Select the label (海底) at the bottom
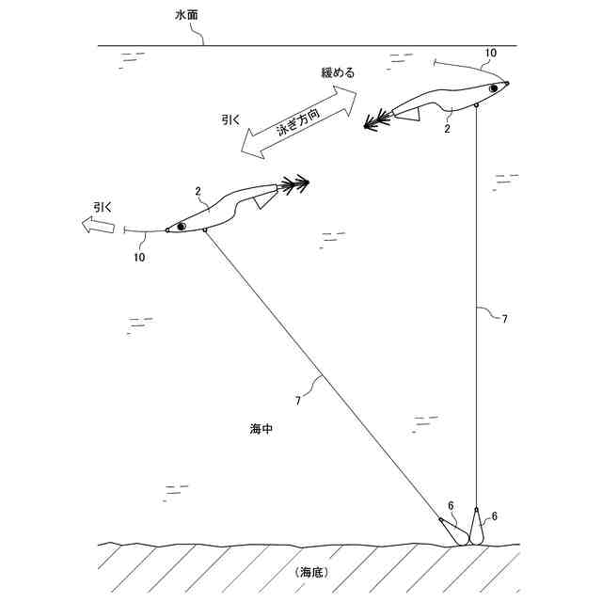tap(309, 572)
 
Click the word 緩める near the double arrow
tap(339, 72)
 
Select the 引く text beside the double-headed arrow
tap(230, 119)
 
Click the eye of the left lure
tap(181, 225)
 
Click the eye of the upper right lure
tap(493, 88)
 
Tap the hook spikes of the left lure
tap(294, 182)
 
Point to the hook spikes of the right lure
tap(377, 119)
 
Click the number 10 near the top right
tap(490, 53)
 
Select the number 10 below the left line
tap(139, 257)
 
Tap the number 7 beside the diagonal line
tap(298, 401)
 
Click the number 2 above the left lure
tap(198, 191)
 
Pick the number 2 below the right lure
tap(448, 129)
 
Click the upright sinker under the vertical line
tap(477, 526)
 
